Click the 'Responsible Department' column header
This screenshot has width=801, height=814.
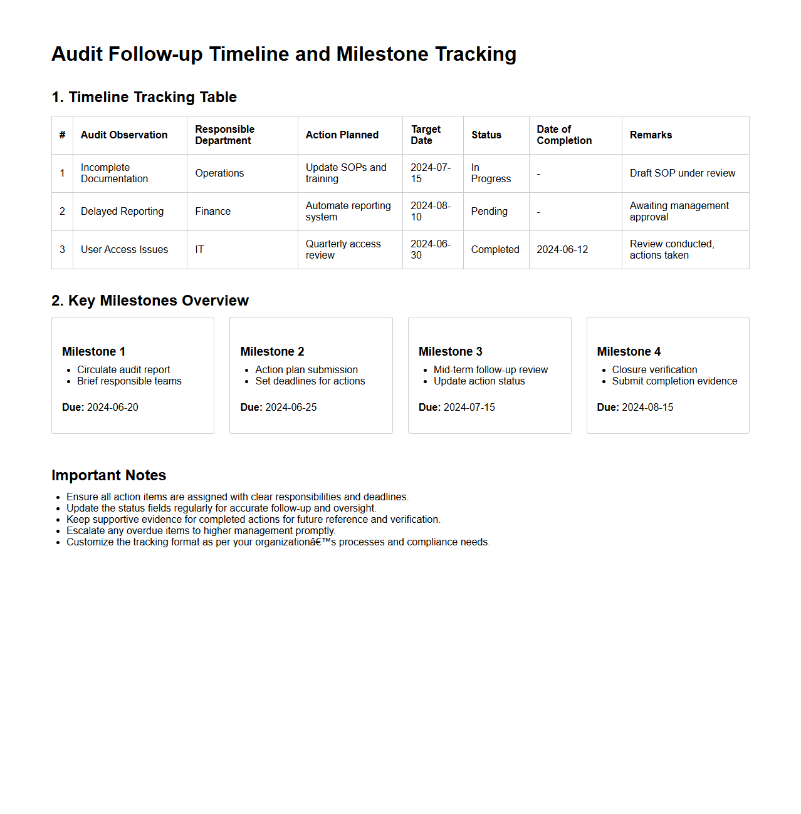(224, 135)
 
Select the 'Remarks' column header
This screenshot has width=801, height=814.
(651, 135)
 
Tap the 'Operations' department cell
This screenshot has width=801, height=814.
(219, 173)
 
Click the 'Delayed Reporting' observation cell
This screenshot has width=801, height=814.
(122, 212)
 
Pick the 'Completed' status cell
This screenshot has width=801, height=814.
(495, 250)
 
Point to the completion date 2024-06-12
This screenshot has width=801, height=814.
(562, 250)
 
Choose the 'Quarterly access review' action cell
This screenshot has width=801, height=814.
(343, 249)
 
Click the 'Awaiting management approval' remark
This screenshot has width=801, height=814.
(679, 211)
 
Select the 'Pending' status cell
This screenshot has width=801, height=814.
(489, 212)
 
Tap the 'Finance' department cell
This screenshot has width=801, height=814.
(212, 212)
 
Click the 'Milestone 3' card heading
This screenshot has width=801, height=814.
(450, 352)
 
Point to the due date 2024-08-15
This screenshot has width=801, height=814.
(647, 408)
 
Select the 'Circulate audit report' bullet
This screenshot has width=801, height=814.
(123, 370)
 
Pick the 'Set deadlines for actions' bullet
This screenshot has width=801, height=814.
(310, 381)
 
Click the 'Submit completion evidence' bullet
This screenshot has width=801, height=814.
(674, 381)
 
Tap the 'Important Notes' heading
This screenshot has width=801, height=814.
(108, 475)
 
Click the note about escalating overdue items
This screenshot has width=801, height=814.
(201, 531)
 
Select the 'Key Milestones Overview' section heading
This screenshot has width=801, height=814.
(150, 301)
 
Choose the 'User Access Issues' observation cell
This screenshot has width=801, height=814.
(124, 250)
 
